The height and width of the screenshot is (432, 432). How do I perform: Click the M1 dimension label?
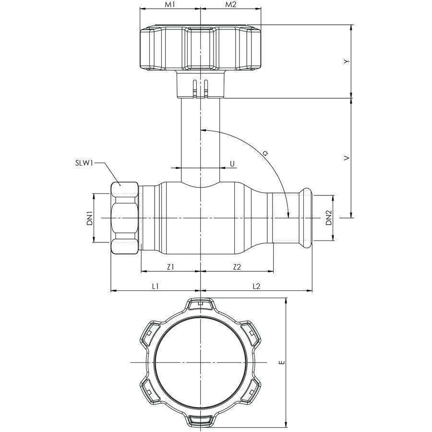click(170, 5)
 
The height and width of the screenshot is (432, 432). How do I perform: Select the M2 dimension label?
click(231, 5)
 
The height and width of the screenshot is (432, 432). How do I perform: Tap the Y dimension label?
click(346, 61)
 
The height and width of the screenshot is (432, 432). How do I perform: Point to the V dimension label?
click(346, 157)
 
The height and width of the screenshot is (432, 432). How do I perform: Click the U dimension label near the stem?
click(232, 164)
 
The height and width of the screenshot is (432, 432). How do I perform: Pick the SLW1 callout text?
click(83, 163)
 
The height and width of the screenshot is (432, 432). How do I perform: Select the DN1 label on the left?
click(89, 218)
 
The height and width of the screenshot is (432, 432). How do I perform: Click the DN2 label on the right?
click(328, 218)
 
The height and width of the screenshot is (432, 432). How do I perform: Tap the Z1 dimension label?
click(170, 267)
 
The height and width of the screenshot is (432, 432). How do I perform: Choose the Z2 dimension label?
click(236, 267)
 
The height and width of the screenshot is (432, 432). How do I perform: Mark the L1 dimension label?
click(155, 286)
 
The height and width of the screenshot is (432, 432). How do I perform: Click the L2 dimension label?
click(256, 286)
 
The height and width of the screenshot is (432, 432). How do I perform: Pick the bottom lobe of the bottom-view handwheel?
click(200, 420)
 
